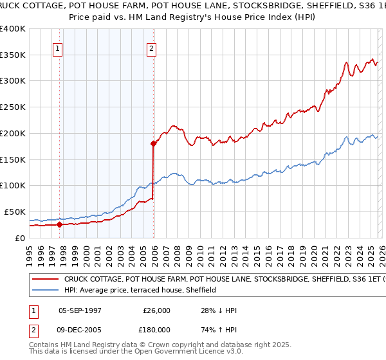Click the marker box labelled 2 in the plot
click(151, 48)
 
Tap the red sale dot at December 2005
click(153, 143)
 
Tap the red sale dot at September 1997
click(59, 224)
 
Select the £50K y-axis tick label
click(15, 212)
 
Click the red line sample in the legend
click(46, 280)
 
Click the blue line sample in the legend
click(46, 291)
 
